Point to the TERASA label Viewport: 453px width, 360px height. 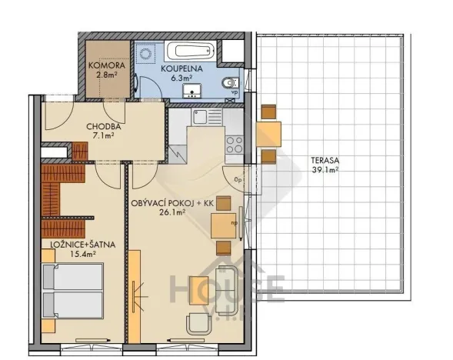pyautogui.click(x=324, y=162)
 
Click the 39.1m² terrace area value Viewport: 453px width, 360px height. pyautogui.click(x=324, y=171)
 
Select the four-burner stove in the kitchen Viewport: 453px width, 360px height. pyautogui.click(x=234, y=143)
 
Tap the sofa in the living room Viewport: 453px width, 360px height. pyautogui.click(x=228, y=290)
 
